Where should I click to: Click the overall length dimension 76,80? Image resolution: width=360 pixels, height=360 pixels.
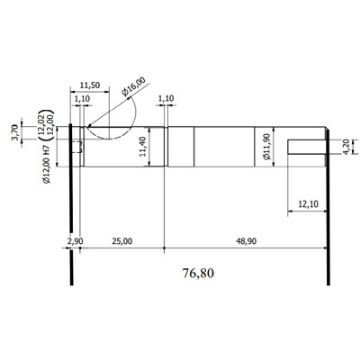[198, 273]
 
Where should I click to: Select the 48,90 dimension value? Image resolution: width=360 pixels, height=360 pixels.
[246, 241]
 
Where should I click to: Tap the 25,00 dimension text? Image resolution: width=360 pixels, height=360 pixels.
[122, 241]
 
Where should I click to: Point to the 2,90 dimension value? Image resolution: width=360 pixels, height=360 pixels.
[75, 241]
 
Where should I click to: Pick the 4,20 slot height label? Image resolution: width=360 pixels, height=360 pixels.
[348, 147]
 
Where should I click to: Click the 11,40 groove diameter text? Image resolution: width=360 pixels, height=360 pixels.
[142, 147]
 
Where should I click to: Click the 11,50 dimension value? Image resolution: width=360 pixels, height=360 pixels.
[90, 85]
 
